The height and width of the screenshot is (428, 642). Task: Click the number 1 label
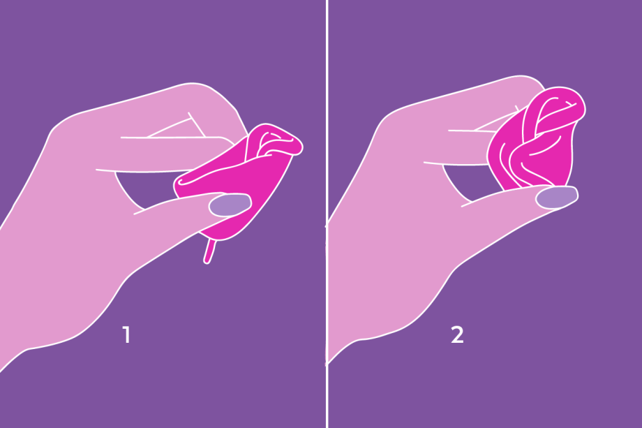(126, 335)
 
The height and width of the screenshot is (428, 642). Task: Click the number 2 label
(457, 335)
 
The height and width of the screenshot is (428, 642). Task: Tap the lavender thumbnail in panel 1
(230, 205)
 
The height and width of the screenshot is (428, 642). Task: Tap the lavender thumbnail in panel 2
(556, 197)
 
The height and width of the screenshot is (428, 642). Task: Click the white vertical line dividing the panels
(327, 209)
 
